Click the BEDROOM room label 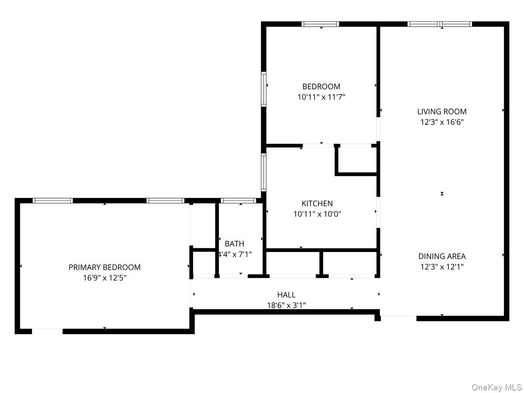click(321, 86)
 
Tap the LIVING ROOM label click(442, 111)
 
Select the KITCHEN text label click(317, 203)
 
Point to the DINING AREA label click(442, 256)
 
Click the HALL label click(286, 295)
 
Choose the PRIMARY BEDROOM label click(104, 267)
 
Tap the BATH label click(234, 244)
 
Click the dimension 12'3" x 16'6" click(442, 122)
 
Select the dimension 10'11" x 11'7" click(321, 97)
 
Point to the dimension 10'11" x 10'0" click(317, 214)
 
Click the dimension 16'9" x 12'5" click(104, 278)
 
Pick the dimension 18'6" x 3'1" click(286, 306)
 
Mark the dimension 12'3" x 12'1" click(442, 267)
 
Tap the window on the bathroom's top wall click(238, 200)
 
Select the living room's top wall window click(440, 24)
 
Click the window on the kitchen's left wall click(264, 172)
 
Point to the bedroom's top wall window click(321, 24)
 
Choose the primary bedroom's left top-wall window click(53, 200)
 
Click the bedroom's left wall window click(264, 89)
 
